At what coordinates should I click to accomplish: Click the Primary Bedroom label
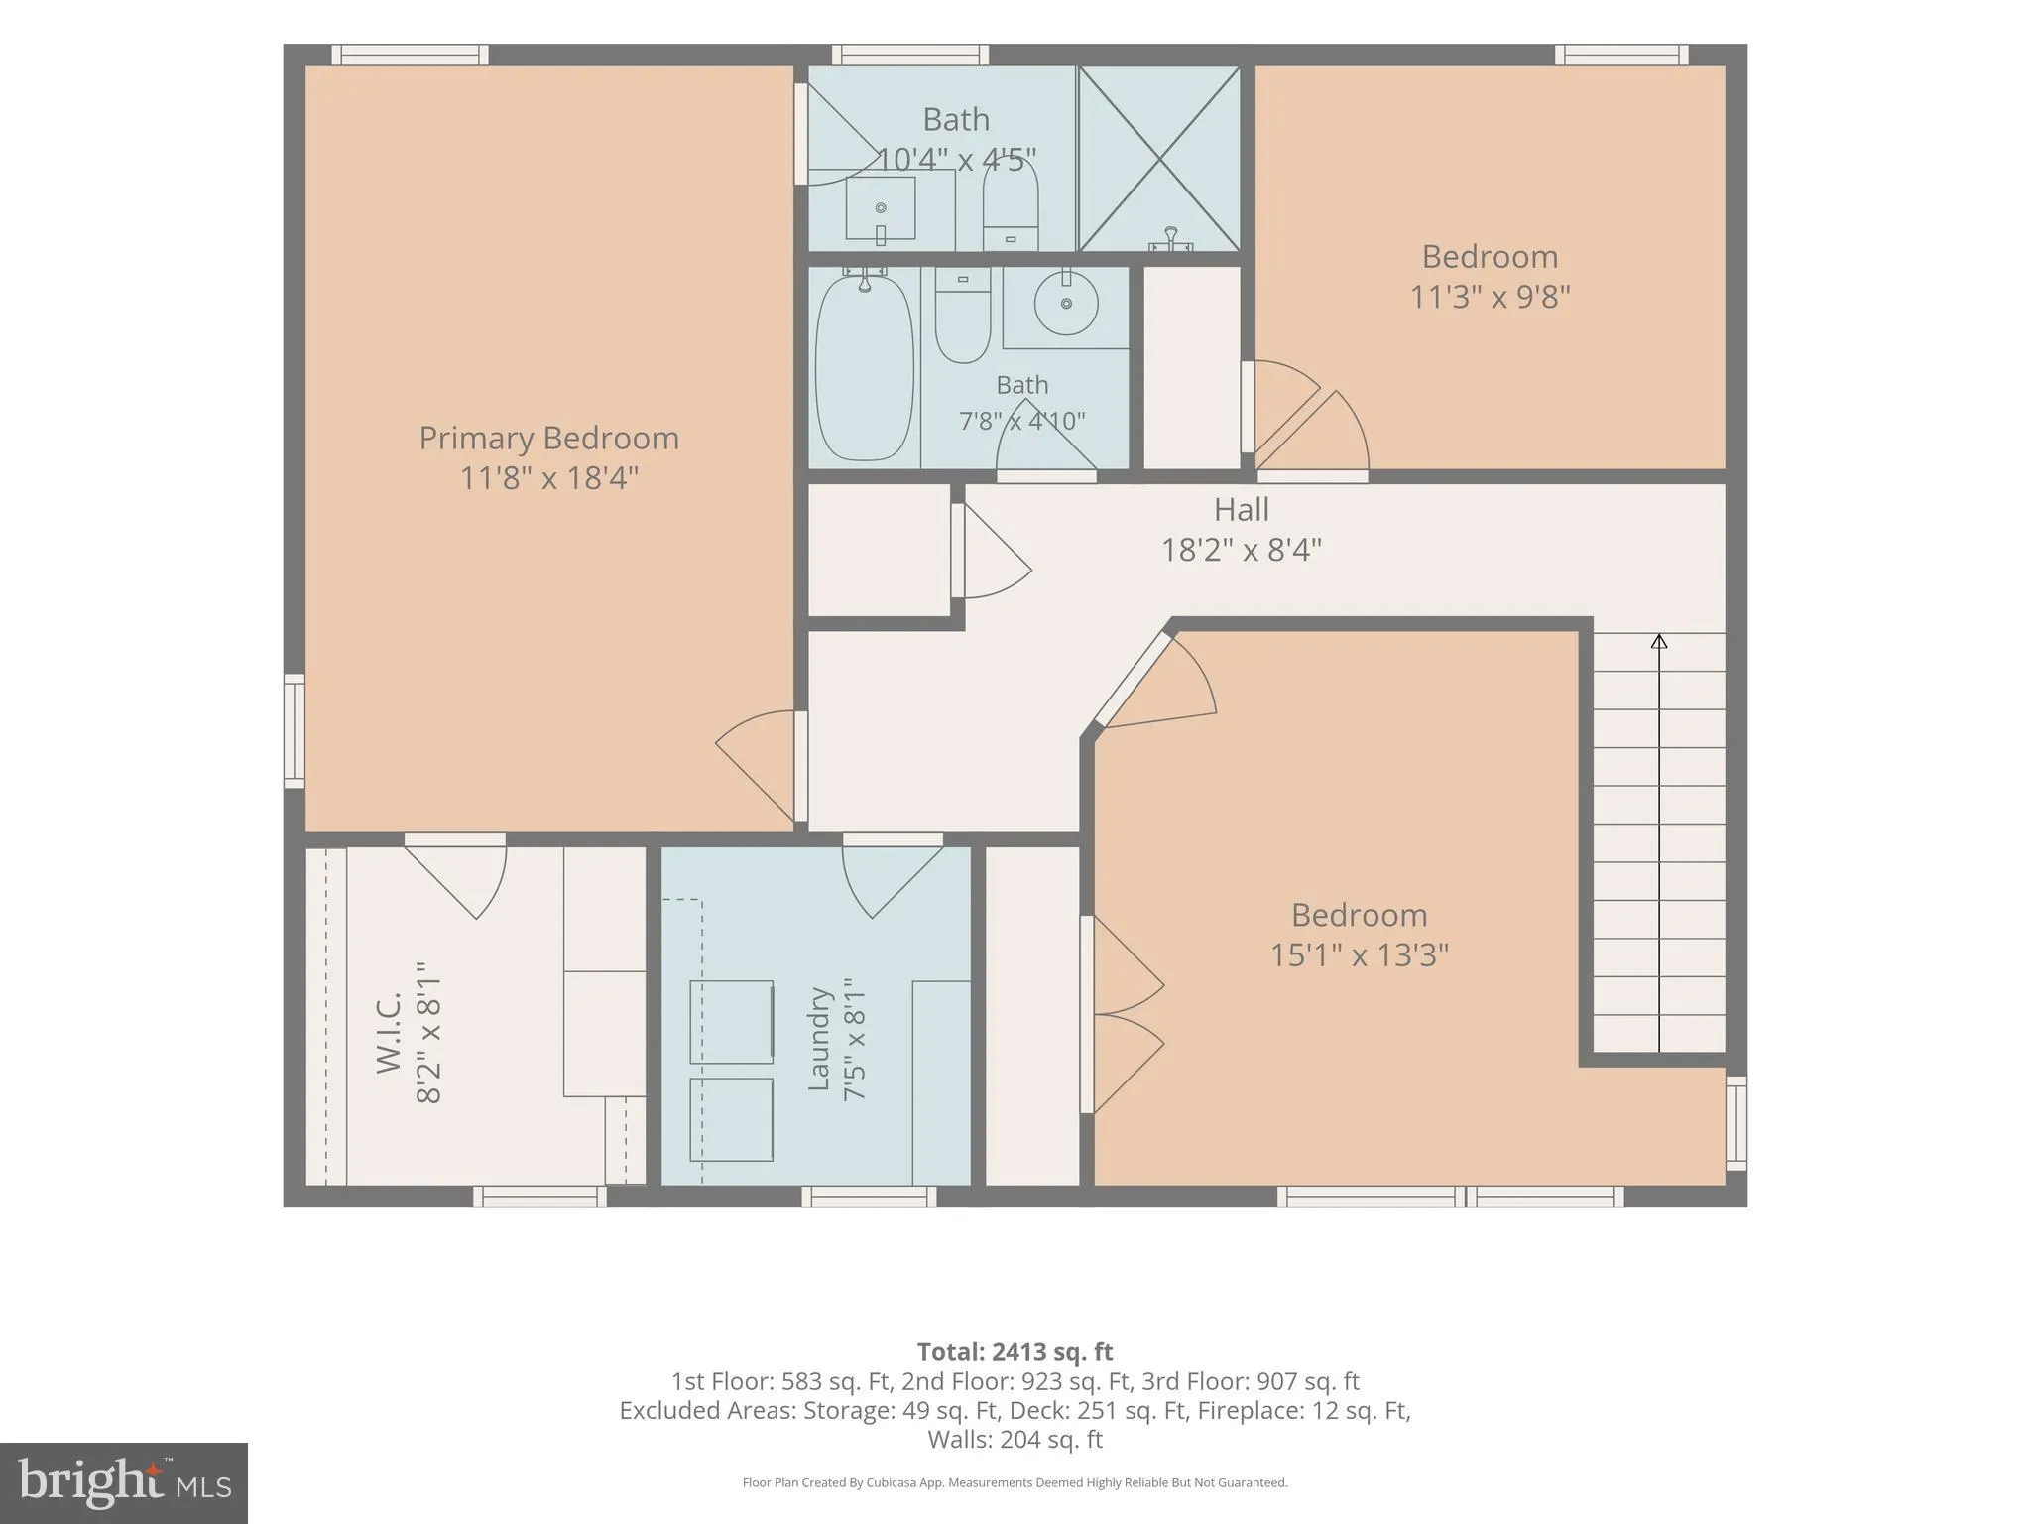[548, 438]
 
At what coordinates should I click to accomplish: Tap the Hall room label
[1241, 509]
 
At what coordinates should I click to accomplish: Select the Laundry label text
[818, 1038]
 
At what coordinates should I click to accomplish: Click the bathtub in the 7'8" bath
[864, 367]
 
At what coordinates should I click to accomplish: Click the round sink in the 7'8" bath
[1066, 302]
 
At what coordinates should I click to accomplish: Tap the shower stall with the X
[1158, 159]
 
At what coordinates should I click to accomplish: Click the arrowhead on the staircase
[1659, 641]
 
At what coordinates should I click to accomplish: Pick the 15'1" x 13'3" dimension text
[1360, 954]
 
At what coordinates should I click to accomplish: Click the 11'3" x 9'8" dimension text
[1490, 296]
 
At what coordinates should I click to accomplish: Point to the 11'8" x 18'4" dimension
[548, 477]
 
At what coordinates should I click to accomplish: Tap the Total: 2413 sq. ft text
[1015, 1351]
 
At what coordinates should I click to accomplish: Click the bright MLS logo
[124, 1482]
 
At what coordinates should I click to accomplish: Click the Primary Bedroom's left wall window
[295, 731]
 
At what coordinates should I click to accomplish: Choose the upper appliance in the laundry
[731, 1022]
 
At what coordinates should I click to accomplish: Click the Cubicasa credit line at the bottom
[1015, 1483]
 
